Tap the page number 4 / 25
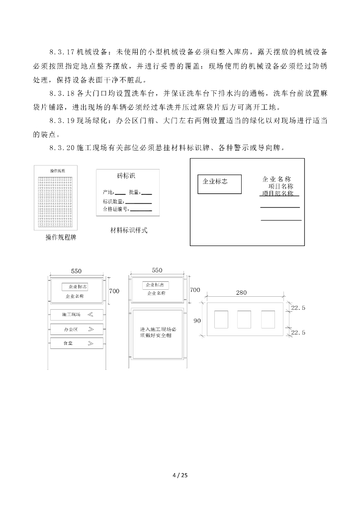(x=180, y=475)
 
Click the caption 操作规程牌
(x=61, y=238)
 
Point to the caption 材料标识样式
(x=129, y=230)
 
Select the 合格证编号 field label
(x=115, y=209)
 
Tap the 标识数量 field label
(x=113, y=201)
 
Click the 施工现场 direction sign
(x=77, y=315)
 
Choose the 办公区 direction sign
(x=77, y=329)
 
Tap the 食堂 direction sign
(x=77, y=343)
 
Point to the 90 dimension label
(x=197, y=321)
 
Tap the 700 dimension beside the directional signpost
(x=114, y=290)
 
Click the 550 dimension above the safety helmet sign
(x=157, y=270)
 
